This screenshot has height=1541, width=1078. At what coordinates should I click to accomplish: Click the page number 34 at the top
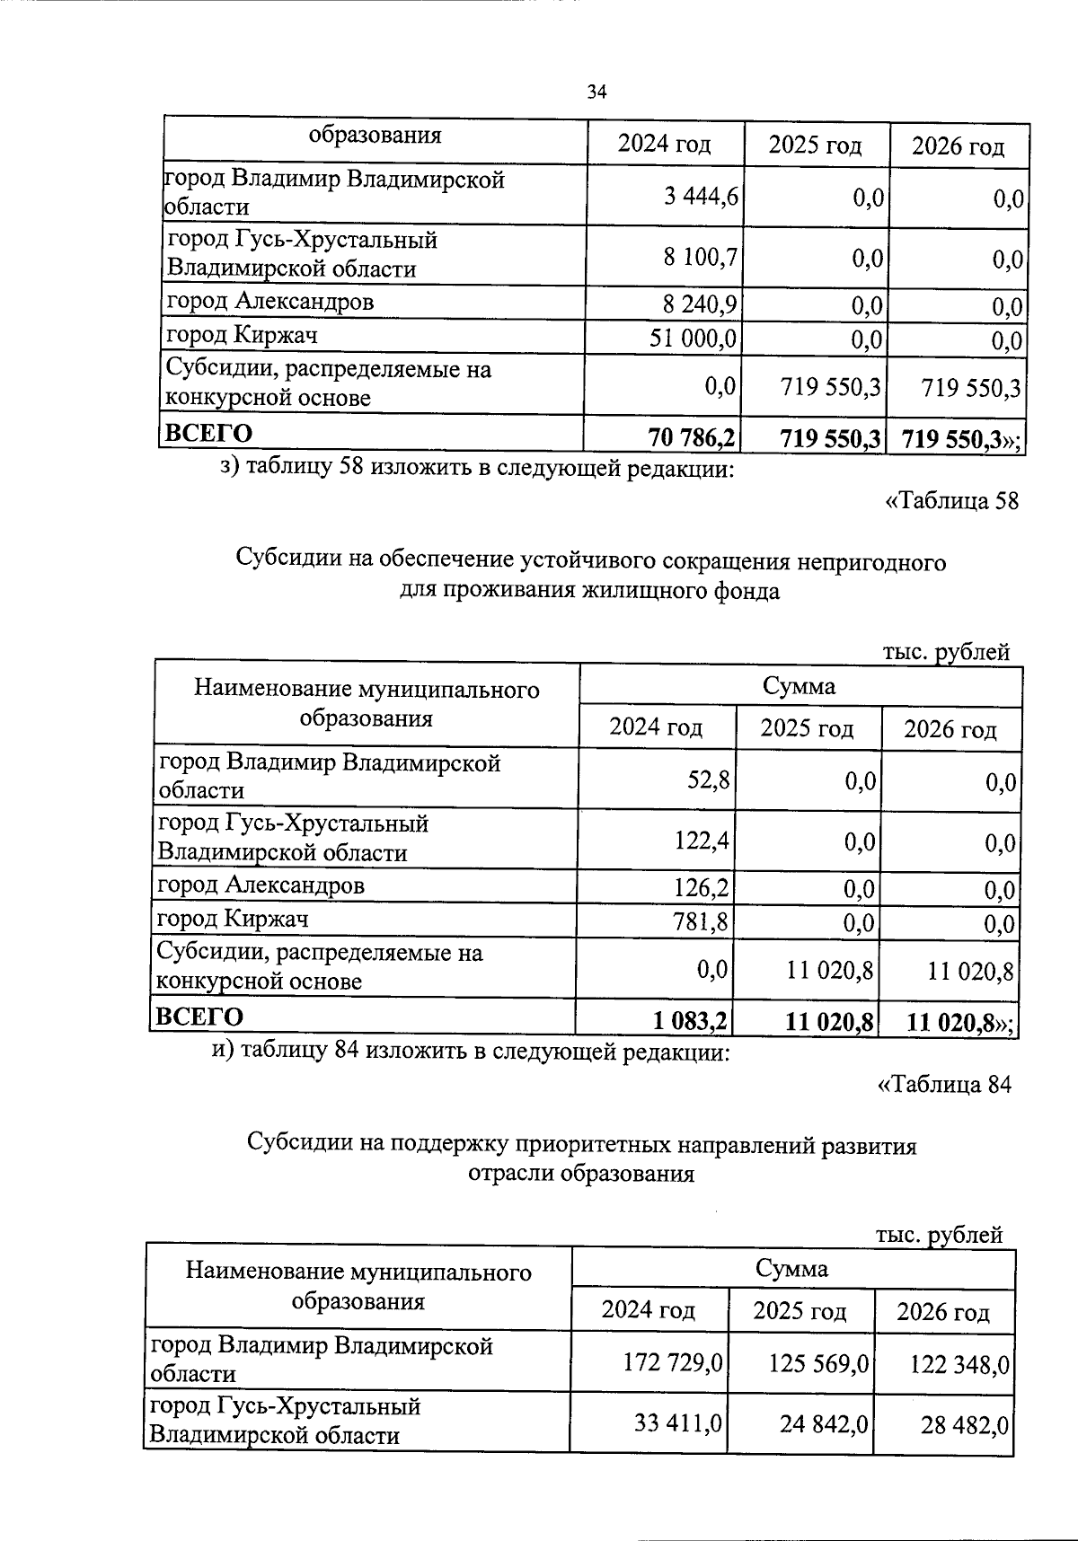click(596, 92)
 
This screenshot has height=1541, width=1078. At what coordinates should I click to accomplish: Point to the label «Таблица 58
click(952, 501)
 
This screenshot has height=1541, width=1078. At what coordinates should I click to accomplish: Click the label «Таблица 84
click(944, 1085)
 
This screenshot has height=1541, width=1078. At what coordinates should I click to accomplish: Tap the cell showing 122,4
click(702, 841)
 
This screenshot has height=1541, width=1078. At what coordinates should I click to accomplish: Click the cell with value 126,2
click(702, 888)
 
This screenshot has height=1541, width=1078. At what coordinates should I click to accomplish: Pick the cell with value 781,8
click(702, 921)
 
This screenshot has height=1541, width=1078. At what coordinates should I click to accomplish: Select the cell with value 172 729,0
click(673, 1363)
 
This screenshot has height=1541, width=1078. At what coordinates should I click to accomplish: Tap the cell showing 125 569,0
click(818, 1363)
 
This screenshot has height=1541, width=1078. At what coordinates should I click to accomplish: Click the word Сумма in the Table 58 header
click(799, 687)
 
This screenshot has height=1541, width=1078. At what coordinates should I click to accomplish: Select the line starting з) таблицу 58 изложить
click(477, 468)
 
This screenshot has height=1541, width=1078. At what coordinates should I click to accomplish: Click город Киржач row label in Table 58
click(233, 919)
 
